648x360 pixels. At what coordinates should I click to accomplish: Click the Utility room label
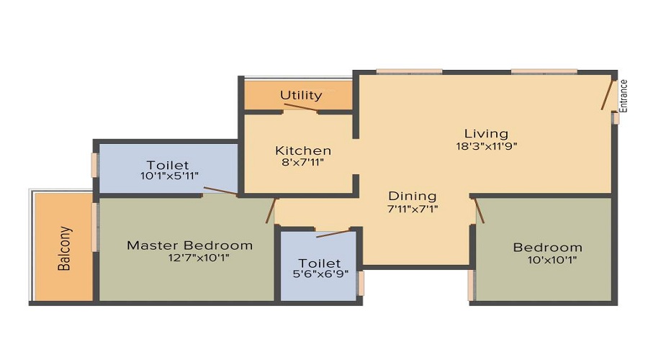click(x=301, y=95)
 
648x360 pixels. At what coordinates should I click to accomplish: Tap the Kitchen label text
click(x=303, y=150)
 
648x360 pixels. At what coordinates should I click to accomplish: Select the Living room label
click(x=486, y=133)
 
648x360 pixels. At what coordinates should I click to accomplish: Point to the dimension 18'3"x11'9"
click(x=486, y=145)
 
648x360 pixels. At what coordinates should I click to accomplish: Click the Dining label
click(x=413, y=196)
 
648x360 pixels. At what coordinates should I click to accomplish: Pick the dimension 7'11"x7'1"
click(x=413, y=209)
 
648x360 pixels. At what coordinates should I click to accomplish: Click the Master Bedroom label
click(x=189, y=245)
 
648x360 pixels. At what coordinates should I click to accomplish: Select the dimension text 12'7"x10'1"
click(x=189, y=258)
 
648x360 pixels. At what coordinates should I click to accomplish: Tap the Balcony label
click(x=65, y=248)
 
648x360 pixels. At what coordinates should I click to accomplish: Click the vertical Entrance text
click(x=624, y=95)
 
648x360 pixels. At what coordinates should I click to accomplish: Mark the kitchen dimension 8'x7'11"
click(x=303, y=163)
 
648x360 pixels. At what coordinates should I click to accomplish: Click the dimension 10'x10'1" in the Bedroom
click(x=547, y=260)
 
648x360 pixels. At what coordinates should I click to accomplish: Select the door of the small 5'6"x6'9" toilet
click(x=333, y=233)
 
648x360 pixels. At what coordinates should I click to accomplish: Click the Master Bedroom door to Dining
click(x=271, y=210)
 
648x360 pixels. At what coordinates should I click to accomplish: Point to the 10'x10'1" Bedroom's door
click(x=479, y=212)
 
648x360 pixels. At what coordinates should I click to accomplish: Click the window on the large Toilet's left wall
click(x=94, y=164)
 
